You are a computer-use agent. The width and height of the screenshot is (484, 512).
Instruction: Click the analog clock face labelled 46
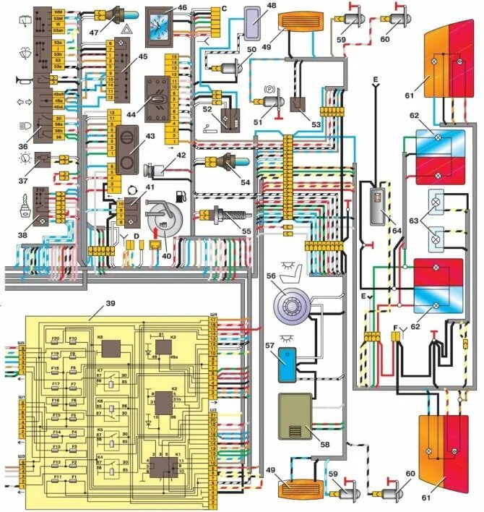(156, 26)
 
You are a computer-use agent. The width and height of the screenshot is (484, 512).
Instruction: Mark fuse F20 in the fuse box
(56, 339)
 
